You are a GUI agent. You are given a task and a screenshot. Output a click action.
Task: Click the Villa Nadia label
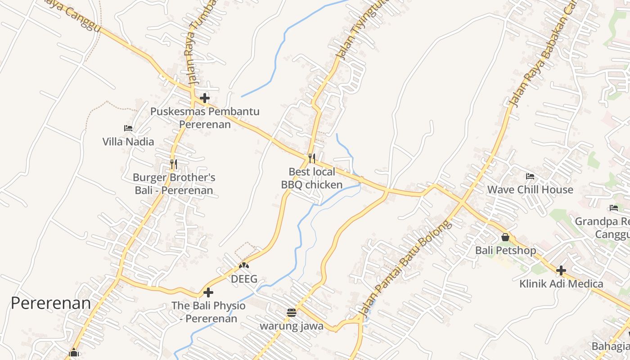pyautogui.click(x=128, y=142)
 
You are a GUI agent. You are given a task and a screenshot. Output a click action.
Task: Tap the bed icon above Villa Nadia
pyautogui.click(x=128, y=128)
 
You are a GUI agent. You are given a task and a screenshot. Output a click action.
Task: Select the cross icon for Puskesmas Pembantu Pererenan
pyautogui.click(x=205, y=98)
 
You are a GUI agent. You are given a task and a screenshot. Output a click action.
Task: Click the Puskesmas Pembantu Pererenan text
pyautogui.click(x=205, y=117)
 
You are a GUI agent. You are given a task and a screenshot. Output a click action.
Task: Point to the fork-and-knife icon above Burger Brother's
pyautogui.click(x=174, y=164)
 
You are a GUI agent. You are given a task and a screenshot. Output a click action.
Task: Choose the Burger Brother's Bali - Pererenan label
pyautogui.click(x=174, y=184)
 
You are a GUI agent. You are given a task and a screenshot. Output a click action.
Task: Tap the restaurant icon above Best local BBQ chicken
pyautogui.click(x=311, y=158)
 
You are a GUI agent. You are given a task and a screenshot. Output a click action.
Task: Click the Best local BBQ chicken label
pyautogui.click(x=312, y=178)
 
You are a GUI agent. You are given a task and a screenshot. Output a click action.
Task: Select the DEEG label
pyautogui.click(x=244, y=279)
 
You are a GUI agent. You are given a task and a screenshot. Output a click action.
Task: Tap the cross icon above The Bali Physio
pyautogui.click(x=208, y=292)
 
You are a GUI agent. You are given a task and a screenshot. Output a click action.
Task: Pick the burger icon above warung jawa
pyautogui.click(x=292, y=312)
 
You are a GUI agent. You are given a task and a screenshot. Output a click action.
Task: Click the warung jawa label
pyautogui.click(x=292, y=326)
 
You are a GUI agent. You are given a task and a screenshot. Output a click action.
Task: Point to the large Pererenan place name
pyautogui.click(x=50, y=303)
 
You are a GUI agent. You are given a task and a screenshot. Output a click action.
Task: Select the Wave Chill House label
pyautogui.click(x=530, y=189)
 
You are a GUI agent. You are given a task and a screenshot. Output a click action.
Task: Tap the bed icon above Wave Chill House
pyautogui.click(x=530, y=176)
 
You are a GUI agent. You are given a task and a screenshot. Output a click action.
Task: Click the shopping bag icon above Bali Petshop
pyautogui.click(x=505, y=237)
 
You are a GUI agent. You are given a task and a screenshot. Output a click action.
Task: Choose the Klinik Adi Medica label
pyautogui.click(x=561, y=284)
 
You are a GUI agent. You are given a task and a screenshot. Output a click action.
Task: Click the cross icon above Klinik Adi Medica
pyautogui.click(x=561, y=270)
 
